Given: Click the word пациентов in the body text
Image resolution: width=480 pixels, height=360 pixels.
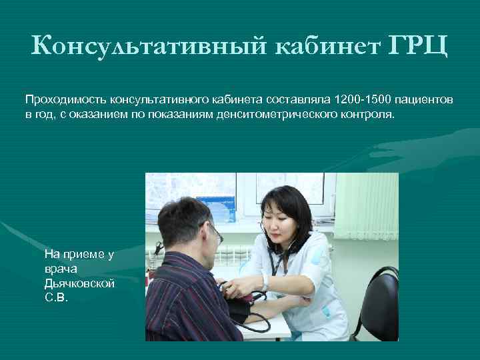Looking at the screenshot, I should (x=426, y=99).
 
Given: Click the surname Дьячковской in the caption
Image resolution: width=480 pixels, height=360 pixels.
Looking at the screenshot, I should (x=79, y=283).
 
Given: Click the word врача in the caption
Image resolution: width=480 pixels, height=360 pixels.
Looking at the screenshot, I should (x=59, y=269).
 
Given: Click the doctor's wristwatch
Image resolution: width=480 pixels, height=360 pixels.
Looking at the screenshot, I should (x=265, y=283).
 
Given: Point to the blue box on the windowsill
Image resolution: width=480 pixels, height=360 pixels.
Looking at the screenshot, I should (x=216, y=201).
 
